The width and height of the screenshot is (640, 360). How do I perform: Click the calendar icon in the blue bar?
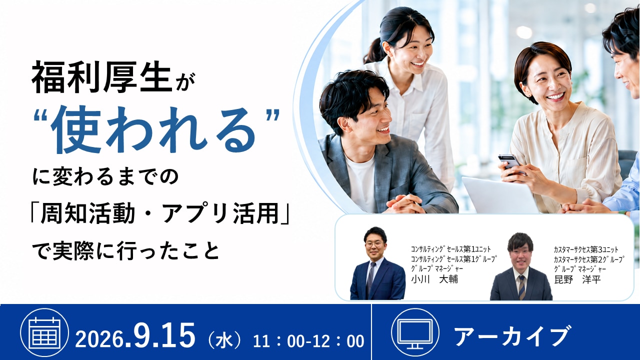[x=44, y=332]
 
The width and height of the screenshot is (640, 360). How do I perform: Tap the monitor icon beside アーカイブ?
[x=415, y=332]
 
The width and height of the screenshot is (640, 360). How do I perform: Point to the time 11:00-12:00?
[x=308, y=341]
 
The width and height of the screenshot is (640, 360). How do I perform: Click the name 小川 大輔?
[x=434, y=279]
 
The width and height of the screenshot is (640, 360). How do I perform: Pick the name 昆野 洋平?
[x=577, y=279]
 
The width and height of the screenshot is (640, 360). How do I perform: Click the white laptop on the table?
[x=498, y=195]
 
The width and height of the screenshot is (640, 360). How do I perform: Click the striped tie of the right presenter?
[x=522, y=287]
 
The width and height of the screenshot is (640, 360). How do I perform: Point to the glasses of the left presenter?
[x=374, y=244]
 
